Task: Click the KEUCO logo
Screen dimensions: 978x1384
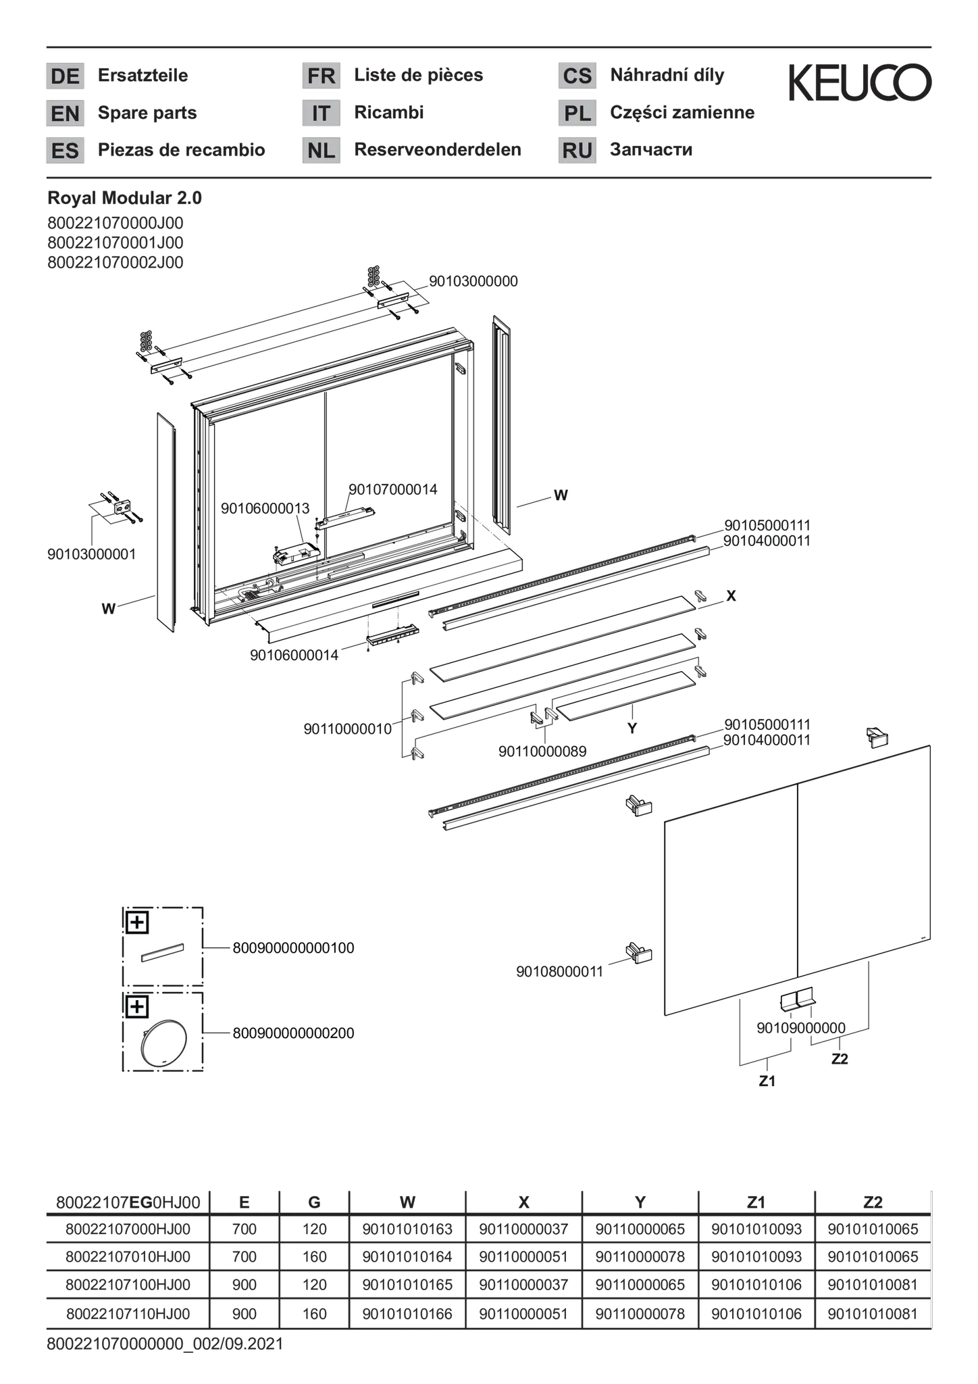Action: point(860,82)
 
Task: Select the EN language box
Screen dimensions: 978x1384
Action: point(65,113)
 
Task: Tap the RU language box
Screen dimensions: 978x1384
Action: point(577,150)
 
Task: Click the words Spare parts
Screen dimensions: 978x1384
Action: point(147,112)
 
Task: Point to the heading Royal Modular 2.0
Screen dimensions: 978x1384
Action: point(124,198)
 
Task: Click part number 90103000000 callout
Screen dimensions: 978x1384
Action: point(473,281)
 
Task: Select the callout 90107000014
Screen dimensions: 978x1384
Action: point(392,489)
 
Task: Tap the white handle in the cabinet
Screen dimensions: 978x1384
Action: point(344,518)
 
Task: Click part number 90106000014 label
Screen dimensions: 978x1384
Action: point(294,655)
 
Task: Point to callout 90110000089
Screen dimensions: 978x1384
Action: point(542,751)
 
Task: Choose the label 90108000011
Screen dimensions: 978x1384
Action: point(559,971)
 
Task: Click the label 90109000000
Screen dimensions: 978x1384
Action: point(800,1028)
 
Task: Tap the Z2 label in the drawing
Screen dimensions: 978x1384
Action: point(840,1059)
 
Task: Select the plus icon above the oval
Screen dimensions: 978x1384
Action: point(137,1007)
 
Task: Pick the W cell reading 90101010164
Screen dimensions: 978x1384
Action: point(407,1257)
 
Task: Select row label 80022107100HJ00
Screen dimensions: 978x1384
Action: point(128,1285)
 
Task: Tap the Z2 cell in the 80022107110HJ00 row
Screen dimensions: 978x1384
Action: point(873,1314)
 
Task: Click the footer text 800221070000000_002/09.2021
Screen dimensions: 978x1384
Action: point(165,1344)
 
